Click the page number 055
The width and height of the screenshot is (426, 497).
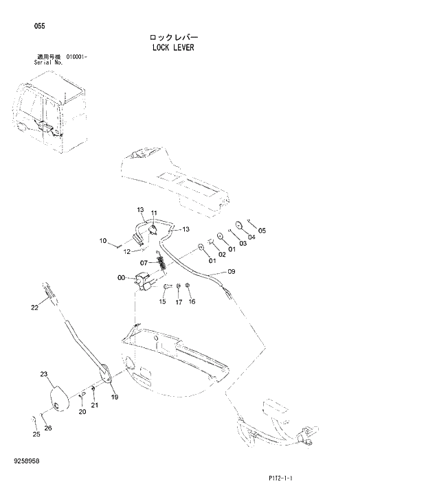(x=39, y=26)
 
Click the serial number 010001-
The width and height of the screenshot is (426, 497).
(x=80, y=58)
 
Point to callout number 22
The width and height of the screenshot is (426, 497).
(x=34, y=308)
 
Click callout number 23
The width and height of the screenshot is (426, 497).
(x=43, y=374)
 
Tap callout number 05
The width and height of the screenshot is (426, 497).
(x=261, y=231)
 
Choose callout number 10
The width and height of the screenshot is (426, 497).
(x=103, y=241)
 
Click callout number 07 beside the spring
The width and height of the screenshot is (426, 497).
(x=144, y=262)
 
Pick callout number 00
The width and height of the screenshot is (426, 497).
(x=122, y=278)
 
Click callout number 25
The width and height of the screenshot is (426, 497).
(x=36, y=434)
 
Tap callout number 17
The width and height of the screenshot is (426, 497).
(x=177, y=301)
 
